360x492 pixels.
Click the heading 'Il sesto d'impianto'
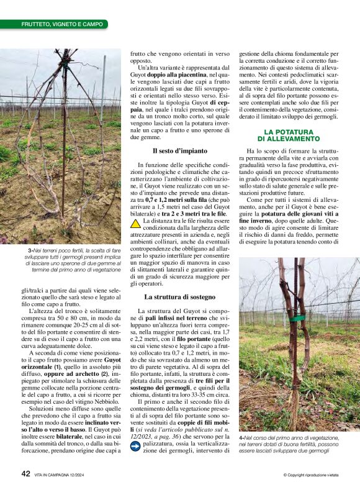pos(175,151)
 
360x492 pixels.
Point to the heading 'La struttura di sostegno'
pos(175,298)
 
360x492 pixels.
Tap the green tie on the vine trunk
pos(300,318)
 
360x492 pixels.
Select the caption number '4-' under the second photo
pos(242,438)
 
